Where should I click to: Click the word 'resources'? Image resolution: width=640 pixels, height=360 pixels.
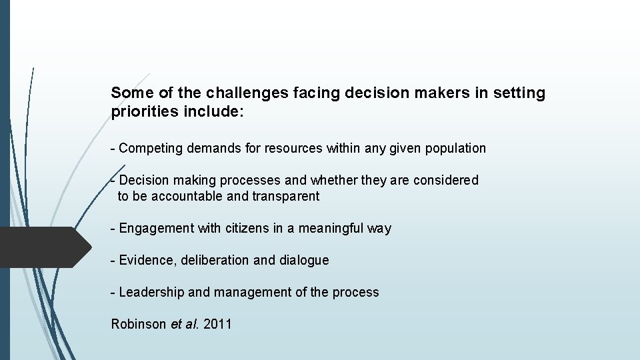tap(293, 148)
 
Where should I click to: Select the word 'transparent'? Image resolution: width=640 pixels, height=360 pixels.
tap(285, 196)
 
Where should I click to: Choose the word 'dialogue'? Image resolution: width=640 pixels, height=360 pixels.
tap(304, 260)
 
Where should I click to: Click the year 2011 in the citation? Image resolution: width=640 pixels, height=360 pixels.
tap(217, 324)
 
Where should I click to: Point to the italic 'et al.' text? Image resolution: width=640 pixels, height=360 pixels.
tap(184, 324)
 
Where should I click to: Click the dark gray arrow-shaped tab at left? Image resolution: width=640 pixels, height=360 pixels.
tap(44, 247)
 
